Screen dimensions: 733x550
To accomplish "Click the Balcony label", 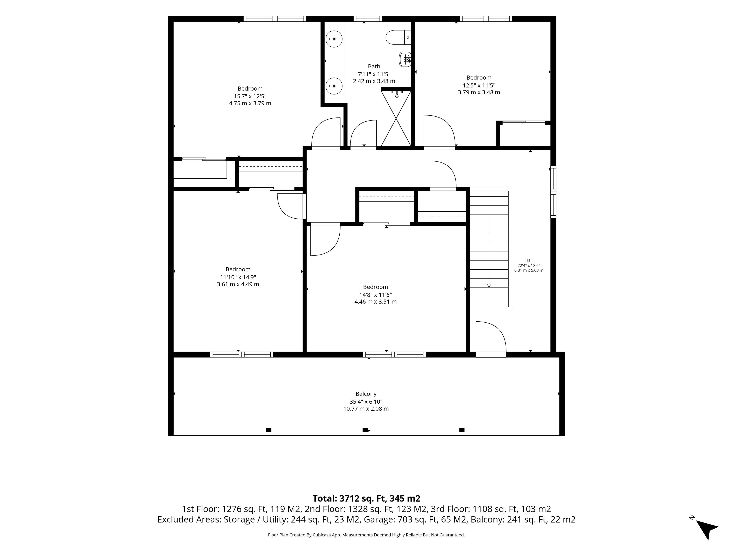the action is coord(366,394).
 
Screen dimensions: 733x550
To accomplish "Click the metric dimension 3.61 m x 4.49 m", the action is coord(238,284).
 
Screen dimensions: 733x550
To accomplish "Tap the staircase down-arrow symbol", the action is coord(489,286).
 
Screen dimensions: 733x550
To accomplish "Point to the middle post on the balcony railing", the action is coord(365,430).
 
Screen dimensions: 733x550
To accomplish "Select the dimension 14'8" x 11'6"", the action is coord(375,295).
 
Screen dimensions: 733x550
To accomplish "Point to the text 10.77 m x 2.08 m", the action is coord(366,409).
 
